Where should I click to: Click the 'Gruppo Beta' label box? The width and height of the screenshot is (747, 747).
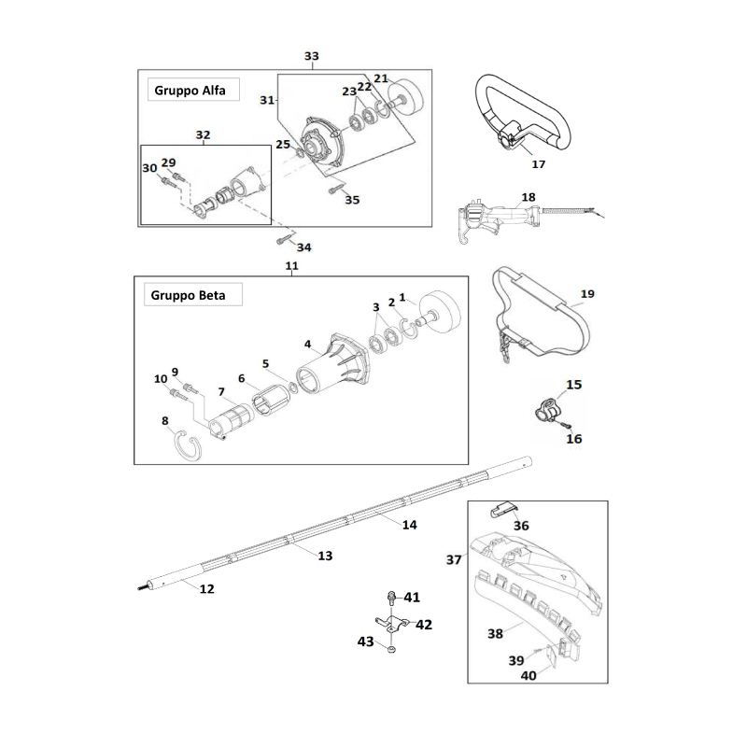click(192, 296)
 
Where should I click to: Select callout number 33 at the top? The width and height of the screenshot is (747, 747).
click(312, 56)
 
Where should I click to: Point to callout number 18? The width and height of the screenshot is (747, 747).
click(529, 197)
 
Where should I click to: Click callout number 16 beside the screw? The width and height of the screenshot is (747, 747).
click(574, 438)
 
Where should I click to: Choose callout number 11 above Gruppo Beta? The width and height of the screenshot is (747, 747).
click(291, 266)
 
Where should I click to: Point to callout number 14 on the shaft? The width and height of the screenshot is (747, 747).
click(409, 525)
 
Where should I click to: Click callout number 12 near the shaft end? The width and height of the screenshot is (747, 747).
click(207, 588)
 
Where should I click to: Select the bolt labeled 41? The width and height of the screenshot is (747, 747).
click(392, 599)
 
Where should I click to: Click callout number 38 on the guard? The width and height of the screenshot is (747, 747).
click(495, 632)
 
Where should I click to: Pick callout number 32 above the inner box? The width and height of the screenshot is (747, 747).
click(203, 134)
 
